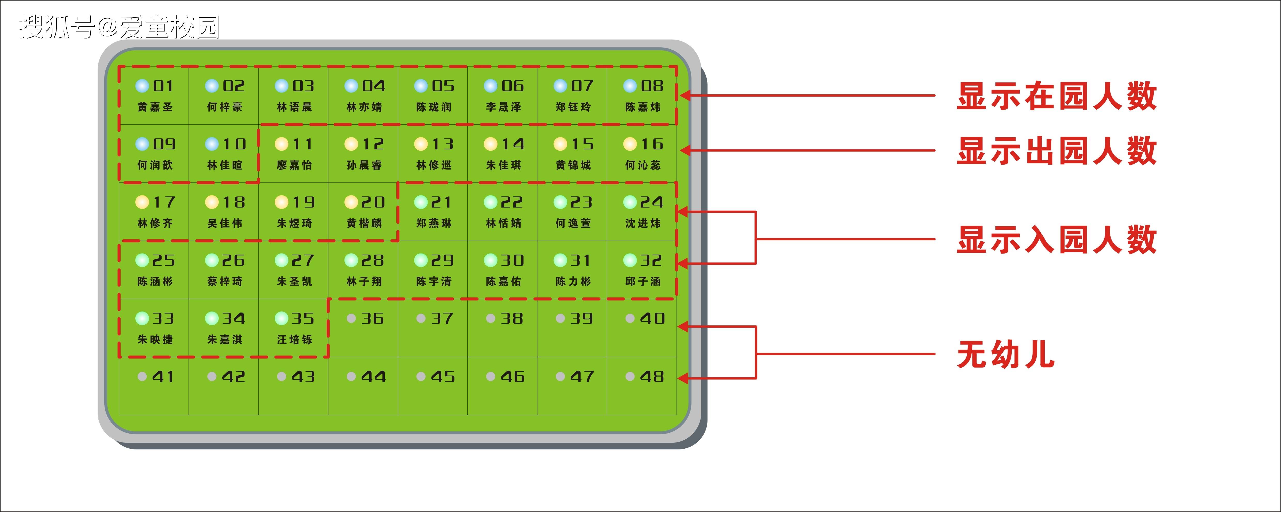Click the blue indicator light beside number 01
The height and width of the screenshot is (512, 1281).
click(142, 86)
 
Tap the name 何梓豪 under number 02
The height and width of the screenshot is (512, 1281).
click(225, 107)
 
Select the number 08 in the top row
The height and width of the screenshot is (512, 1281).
click(652, 86)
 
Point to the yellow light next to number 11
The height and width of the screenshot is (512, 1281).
click(281, 144)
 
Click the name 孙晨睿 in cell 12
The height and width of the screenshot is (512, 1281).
click(364, 165)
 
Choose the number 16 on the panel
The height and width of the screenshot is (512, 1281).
click(652, 144)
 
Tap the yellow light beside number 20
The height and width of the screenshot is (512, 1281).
click(351, 203)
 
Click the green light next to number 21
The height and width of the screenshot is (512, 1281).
click(421, 203)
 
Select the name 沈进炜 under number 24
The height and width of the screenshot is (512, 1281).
click(643, 223)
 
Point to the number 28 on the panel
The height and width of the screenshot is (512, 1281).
click(372, 260)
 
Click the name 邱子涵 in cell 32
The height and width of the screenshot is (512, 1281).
click(643, 282)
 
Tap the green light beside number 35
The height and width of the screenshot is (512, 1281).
click(281, 318)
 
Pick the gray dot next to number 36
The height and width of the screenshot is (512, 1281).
click(351, 318)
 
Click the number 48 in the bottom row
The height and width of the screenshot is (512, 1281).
click(652, 377)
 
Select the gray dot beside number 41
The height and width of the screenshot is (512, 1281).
click(142, 377)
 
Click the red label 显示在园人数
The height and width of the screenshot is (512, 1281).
click(1057, 96)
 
